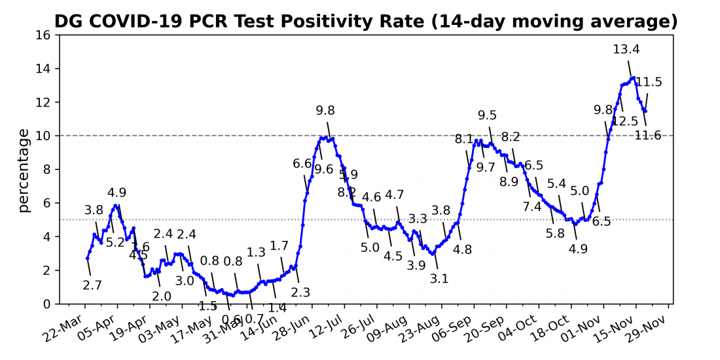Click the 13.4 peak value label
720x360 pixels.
(626, 49)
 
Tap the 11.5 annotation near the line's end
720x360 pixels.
(649, 82)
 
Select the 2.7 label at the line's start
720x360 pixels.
(92, 285)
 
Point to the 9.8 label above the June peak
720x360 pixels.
(325, 111)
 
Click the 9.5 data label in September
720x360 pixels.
(487, 116)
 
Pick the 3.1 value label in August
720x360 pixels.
(439, 279)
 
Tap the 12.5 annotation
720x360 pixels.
(625, 121)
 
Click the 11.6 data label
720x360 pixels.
(648, 135)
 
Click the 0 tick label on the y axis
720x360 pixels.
(46, 304)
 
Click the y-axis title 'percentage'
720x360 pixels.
(24, 170)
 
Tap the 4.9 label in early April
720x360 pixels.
(117, 192)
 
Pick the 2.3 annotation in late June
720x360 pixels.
(300, 293)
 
